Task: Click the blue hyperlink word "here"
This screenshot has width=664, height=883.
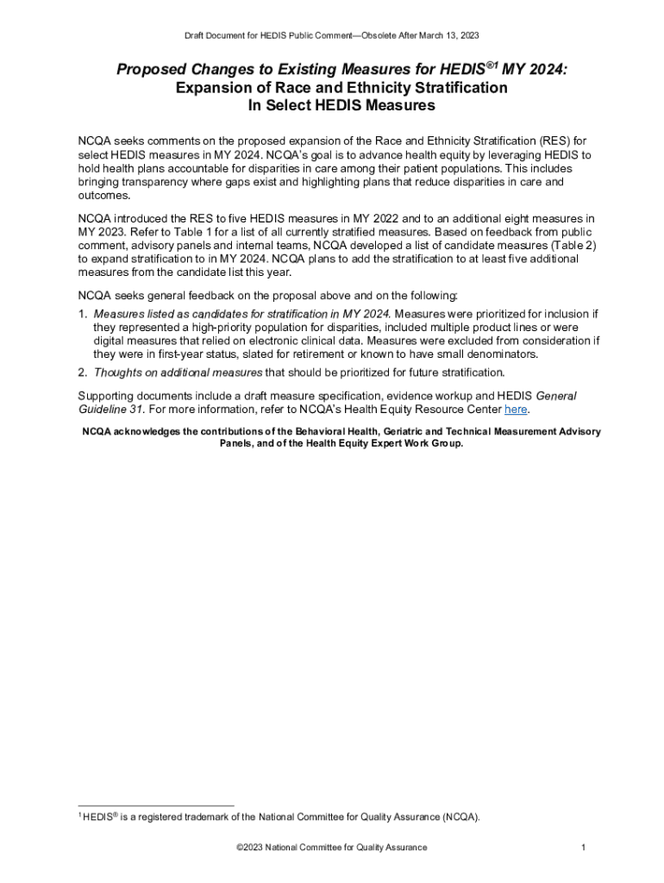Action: point(516,410)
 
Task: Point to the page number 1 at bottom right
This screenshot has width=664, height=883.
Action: point(584,848)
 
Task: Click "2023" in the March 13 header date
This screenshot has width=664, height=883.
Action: point(467,35)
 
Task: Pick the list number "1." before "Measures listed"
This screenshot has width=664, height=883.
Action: point(83,313)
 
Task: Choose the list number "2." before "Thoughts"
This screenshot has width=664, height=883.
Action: point(83,373)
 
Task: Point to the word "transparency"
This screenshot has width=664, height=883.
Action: point(156,183)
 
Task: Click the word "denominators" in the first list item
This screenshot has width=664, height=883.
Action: point(500,354)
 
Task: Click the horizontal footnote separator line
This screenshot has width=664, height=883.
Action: point(156,805)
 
